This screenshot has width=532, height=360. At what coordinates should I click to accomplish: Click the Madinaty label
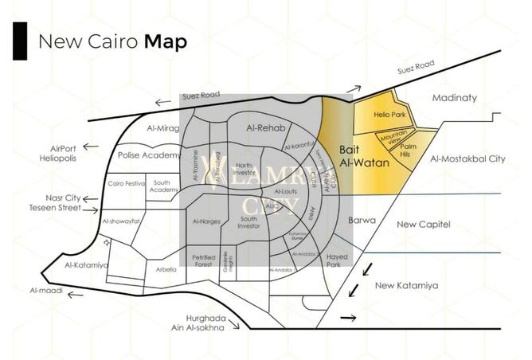[454, 98]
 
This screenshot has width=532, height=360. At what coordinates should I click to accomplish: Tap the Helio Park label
[389, 115]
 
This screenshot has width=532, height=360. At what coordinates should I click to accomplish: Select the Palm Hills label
[409, 150]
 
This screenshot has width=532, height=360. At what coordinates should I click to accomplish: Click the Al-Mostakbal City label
[467, 159]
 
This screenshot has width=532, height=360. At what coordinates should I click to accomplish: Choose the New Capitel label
[423, 225]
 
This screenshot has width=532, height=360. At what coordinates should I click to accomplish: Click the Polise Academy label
[148, 155]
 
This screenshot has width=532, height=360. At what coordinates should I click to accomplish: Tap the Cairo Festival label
[127, 184]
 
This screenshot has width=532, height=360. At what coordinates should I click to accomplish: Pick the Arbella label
[166, 269]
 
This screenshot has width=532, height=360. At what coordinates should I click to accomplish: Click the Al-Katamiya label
[80, 264]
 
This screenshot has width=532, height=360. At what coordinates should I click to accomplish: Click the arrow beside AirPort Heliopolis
[91, 147]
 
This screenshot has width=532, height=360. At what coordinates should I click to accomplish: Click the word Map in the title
[166, 41]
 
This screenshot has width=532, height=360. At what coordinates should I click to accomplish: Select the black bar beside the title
[19, 41]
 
